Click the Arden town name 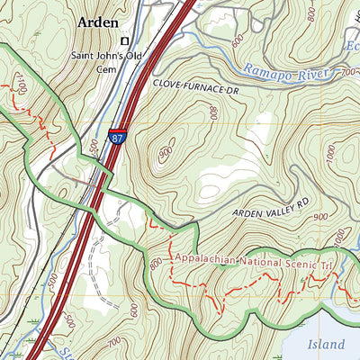(102, 22)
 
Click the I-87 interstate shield (120, 135)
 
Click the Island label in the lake (325, 345)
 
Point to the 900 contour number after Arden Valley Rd (318, 217)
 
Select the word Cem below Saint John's (107, 67)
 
